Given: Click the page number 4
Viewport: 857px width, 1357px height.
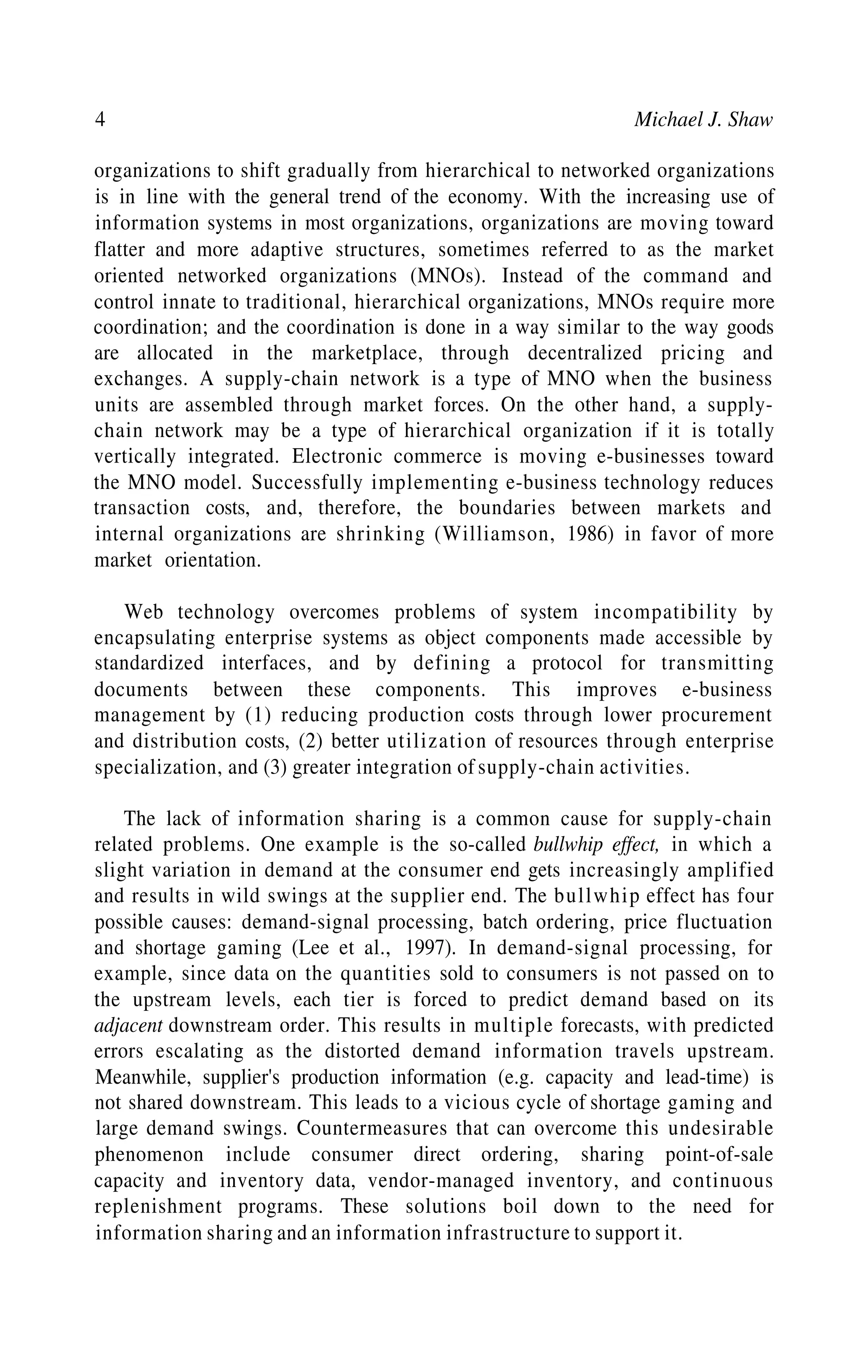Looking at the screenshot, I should tap(100, 119).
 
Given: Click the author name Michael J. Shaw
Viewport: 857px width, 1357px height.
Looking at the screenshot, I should tap(703, 119).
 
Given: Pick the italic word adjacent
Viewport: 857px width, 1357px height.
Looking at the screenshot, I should tap(128, 1025).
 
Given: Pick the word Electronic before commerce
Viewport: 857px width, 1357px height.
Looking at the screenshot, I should tap(335, 457).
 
